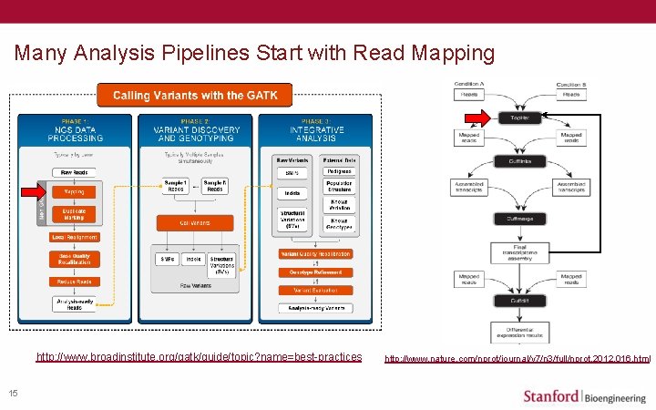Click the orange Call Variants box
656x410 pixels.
pos(194,222)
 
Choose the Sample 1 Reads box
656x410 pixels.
pos(174,185)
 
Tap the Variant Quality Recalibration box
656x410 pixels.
pos(315,253)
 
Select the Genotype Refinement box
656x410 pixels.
pos(315,270)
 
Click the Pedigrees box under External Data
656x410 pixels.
pos(340,172)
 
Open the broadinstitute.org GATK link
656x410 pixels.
pos(199,356)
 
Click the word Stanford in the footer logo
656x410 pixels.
pos(551,395)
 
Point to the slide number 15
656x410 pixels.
pos(13,393)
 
